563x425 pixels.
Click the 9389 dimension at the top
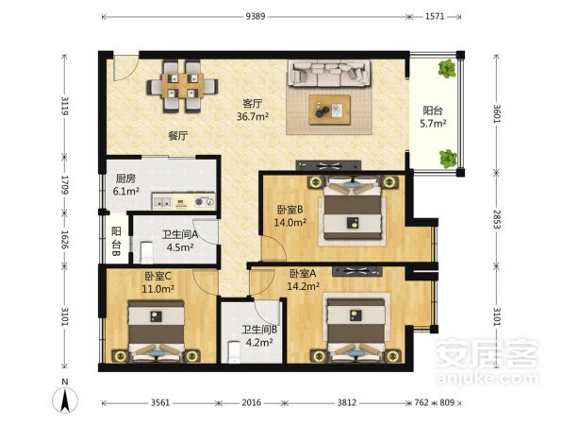(x=256, y=17)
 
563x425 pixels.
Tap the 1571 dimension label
(x=435, y=17)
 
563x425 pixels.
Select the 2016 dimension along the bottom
(x=252, y=402)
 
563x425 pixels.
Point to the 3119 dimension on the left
(x=65, y=106)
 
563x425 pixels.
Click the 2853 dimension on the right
(x=497, y=219)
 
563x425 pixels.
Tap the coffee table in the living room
(x=330, y=110)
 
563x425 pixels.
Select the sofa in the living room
(x=330, y=73)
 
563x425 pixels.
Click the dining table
(x=182, y=86)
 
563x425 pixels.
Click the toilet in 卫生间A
(x=146, y=252)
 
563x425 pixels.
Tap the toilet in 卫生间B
(x=234, y=352)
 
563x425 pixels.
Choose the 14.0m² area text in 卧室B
(x=290, y=223)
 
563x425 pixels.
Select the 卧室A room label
(x=303, y=274)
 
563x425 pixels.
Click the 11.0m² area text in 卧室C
(x=158, y=289)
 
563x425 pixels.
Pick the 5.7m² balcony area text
(x=433, y=124)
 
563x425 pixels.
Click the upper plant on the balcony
(x=447, y=68)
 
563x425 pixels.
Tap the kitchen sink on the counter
(x=162, y=202)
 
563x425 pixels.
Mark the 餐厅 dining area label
(x=178, y=136)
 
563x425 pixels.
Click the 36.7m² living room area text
(x=253, y=116)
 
